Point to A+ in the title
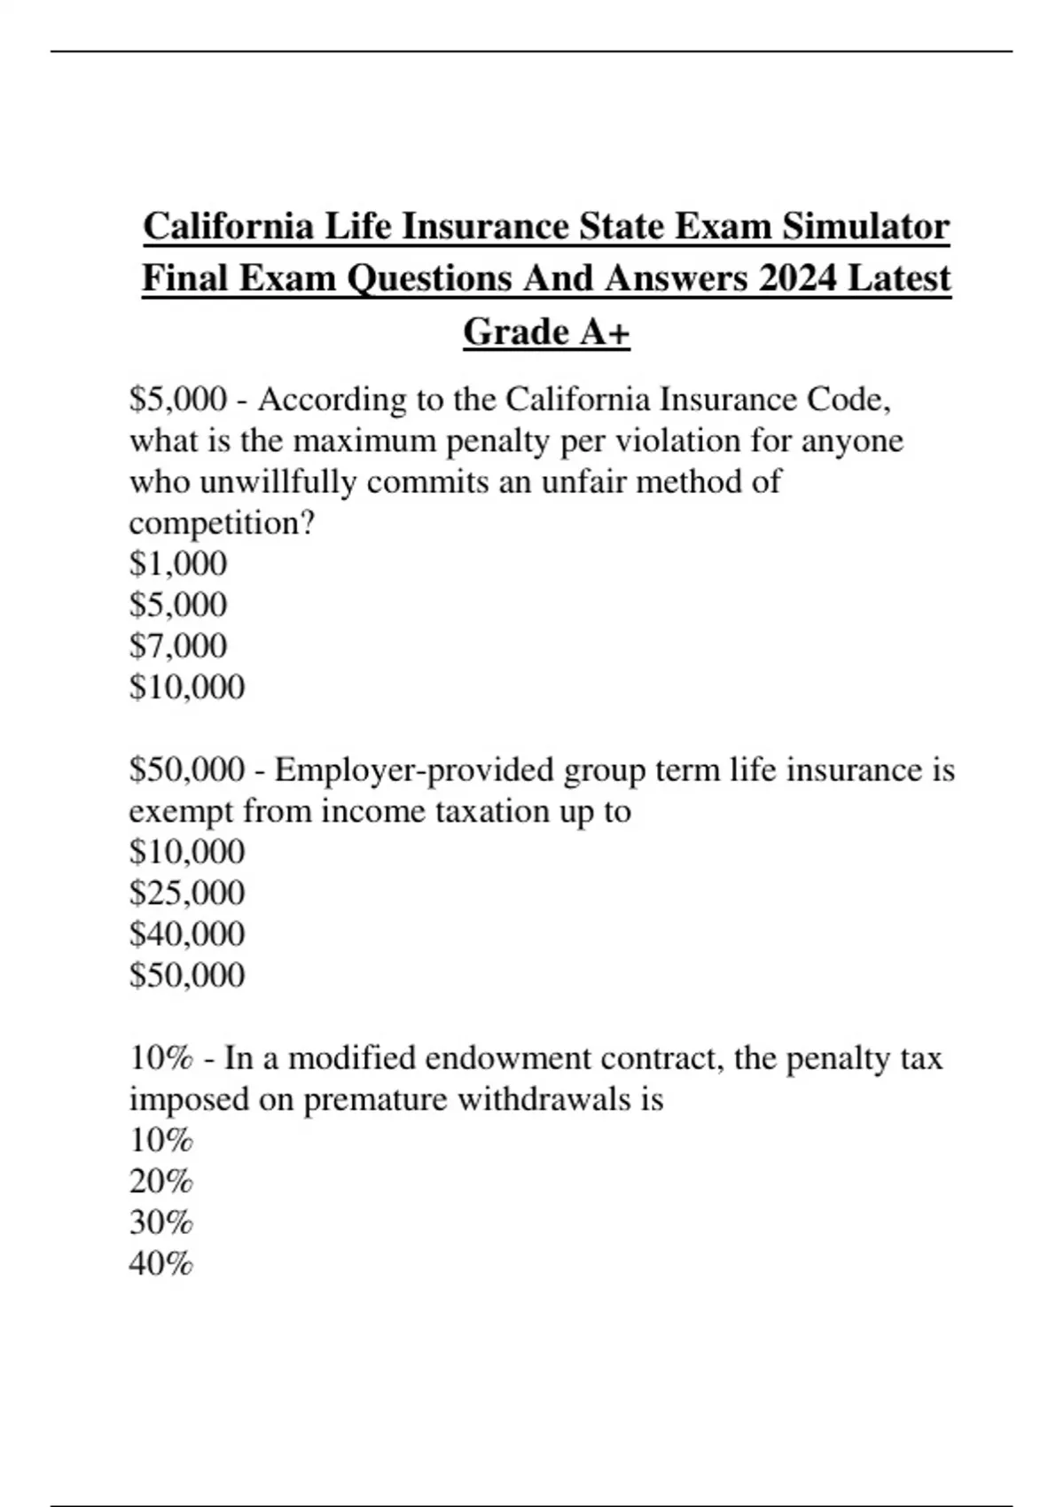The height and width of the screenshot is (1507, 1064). (x=606, y=332)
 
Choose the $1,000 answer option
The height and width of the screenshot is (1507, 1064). (x=178, y=564)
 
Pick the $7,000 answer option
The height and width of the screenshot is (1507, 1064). (x=178, y=645)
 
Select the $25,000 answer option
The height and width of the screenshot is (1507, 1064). (x=187, y=893)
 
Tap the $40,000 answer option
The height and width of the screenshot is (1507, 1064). (x=187, y=933)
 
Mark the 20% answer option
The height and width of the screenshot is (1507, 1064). (x=160, y=1182)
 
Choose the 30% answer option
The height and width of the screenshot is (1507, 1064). (x=160, y=1222)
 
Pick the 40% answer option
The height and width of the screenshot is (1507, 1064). (x=160, y=1263)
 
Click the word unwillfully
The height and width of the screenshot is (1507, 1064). (x=278, y=482)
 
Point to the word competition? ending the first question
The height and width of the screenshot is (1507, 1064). (x=222, y=523)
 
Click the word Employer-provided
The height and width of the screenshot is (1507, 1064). (x=414, y=769)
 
